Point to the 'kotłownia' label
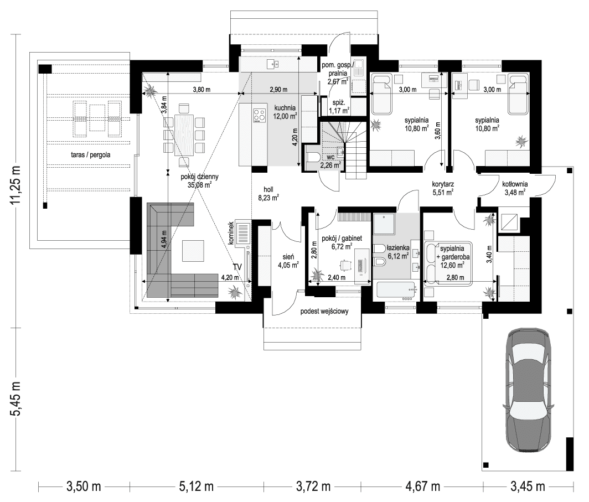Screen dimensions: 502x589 (514, 184)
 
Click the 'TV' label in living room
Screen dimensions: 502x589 (237, 267)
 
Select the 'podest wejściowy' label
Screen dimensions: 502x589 (324, 312)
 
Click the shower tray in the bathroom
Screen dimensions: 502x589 (385, 223)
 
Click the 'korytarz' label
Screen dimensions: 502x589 (443, 185)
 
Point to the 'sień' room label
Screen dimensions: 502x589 (288, 257)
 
